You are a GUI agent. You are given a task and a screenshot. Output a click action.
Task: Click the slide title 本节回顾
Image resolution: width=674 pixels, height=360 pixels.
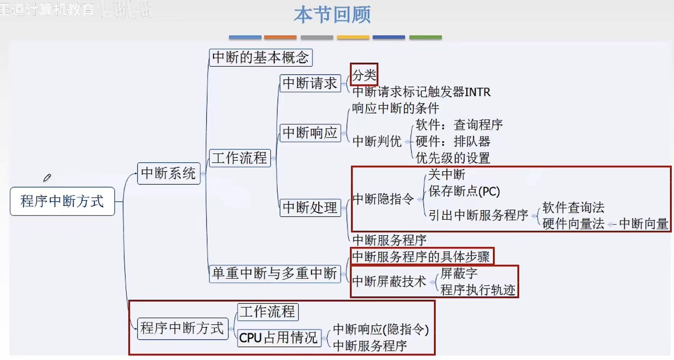tap(332, 15)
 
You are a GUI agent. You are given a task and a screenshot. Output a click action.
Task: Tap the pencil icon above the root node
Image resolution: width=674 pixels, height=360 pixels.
tap(47, 178)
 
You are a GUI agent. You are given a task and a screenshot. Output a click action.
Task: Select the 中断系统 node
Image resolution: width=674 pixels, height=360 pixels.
tap(168, 174)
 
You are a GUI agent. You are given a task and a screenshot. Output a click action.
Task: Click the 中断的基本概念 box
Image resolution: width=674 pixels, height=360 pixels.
tap(260, 57)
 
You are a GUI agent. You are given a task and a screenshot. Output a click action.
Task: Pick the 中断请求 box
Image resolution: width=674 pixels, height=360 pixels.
tap(310, 83)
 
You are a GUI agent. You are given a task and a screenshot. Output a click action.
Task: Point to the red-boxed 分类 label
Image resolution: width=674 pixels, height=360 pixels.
tap(364, 74)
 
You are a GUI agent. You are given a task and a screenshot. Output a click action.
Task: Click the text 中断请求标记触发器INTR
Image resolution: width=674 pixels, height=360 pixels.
tap(421, 92)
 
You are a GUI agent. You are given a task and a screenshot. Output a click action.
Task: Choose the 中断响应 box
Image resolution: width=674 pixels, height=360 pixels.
tap(310, 133)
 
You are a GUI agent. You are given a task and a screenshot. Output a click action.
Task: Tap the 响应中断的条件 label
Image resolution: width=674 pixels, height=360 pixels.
tap(395, 108)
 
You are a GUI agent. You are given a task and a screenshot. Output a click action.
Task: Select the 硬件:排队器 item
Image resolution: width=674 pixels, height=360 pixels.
tap(453, 141)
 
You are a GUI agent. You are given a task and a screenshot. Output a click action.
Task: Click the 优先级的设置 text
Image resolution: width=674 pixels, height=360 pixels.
tap(453, 158)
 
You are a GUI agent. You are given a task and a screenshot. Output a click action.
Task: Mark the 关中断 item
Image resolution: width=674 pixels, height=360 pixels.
tap(446, 175)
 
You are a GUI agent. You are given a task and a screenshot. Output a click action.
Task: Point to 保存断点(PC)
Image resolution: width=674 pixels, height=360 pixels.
tap(464, 191)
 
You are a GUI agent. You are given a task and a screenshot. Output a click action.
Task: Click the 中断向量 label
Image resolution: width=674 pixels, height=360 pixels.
tap(643, 224)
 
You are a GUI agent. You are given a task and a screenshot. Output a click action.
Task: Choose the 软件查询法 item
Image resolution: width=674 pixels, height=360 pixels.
tap(573, 207)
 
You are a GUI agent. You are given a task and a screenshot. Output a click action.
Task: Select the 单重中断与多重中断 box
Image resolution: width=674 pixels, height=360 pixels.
tap(275, 274)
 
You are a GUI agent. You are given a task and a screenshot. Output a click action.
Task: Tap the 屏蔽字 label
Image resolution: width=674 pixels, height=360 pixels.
tap(459, 273)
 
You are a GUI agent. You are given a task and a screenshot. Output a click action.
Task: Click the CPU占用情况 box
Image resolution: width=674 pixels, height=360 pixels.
tap(279, 338)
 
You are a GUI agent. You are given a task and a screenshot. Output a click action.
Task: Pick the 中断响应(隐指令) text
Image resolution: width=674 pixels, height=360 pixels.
tap(381, 329)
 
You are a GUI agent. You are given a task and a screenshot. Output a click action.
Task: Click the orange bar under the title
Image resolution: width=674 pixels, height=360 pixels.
tap(280, 37)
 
